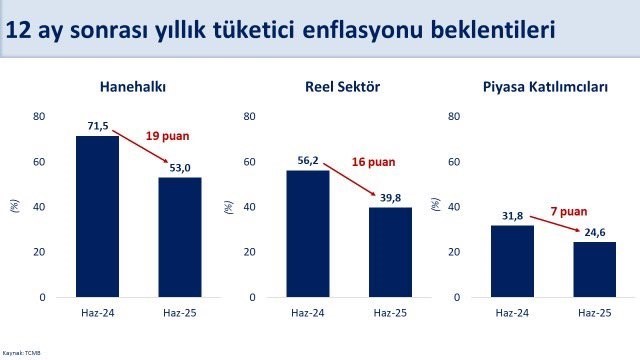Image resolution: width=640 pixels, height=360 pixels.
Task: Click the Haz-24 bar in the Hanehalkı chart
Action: [x=97, y=216]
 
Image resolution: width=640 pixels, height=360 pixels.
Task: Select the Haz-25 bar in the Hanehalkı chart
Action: [x=180, y=237]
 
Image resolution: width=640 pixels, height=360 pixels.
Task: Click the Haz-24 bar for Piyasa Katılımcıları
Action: [x=512, y=261]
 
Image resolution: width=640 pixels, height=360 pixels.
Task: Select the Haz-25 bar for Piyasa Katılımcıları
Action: [x=595, y=269]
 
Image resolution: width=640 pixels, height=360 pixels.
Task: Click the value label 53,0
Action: [x=180, y=169]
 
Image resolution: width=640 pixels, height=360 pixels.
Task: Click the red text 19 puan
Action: [x=167, y=135]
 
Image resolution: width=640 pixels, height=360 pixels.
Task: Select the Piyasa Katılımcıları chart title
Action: [x=552, y=86]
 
